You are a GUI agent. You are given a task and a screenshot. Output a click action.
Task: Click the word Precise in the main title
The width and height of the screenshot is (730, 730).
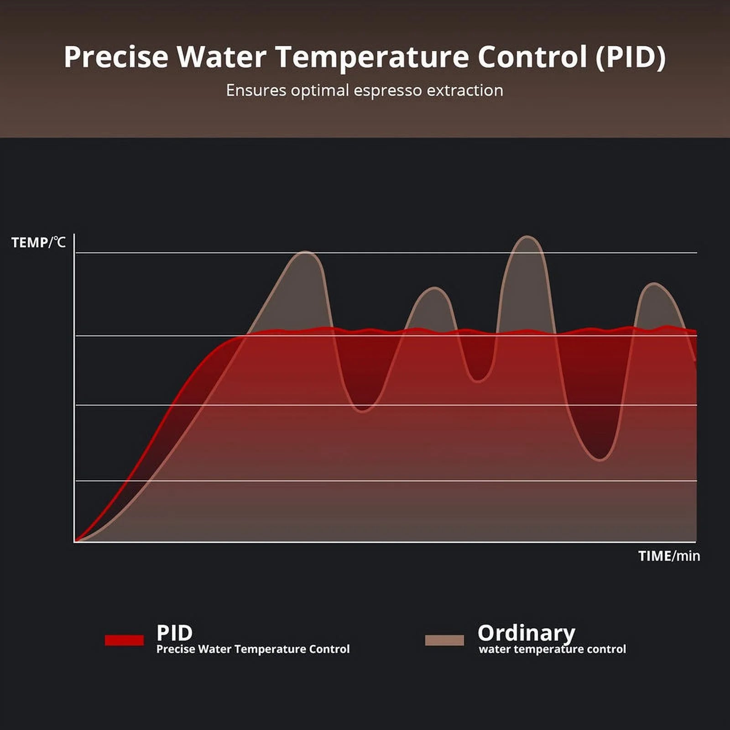pos(116,57)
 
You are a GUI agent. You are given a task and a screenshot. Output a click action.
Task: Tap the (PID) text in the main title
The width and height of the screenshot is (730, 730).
pos(631,57)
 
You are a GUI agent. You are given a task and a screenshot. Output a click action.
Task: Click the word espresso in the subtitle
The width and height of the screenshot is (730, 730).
pos(387,90)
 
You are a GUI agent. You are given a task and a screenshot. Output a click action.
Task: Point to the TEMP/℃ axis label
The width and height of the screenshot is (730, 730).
pos(38,242)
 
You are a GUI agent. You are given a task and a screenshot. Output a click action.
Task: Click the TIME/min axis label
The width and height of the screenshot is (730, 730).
pos(669,556)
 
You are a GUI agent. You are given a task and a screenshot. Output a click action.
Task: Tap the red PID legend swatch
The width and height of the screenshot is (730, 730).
pos(124,640)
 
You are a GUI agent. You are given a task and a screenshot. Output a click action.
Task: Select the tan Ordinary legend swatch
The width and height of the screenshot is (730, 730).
pos(444,640)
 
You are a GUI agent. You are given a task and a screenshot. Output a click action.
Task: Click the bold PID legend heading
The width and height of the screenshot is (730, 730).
pos(174,633)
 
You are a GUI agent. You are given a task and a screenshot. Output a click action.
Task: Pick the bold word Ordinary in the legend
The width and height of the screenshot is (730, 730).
pos(526,633)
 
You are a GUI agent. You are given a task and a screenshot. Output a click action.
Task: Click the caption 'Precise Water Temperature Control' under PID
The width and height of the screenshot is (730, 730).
pos(253,649)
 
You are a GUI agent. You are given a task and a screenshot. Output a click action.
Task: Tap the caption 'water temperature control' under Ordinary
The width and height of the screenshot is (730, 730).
pos(552,649)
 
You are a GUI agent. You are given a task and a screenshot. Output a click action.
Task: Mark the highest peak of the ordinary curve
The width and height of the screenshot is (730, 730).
pos(527,237)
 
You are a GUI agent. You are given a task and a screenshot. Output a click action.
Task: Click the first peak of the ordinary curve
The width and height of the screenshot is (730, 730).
pos(306,252)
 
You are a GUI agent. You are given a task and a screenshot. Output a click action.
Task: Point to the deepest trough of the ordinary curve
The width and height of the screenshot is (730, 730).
pos(600,459)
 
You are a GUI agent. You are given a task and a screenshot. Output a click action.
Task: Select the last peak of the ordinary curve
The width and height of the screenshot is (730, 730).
pos(654,284)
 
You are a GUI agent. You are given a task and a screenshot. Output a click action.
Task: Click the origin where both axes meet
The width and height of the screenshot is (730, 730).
pos(74,542)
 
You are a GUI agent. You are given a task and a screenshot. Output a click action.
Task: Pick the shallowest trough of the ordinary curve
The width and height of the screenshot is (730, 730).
pos(477,380)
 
